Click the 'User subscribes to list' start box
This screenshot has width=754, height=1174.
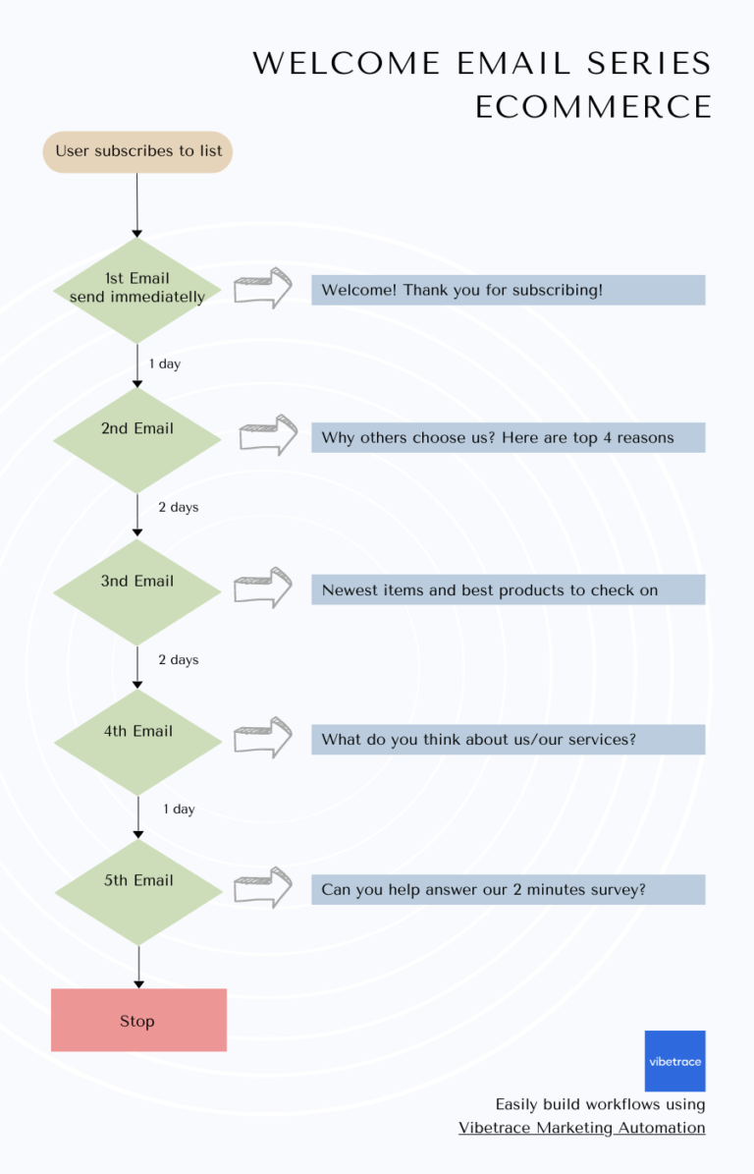[x=137, y=151]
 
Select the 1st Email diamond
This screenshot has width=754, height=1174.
[x=137, y=289]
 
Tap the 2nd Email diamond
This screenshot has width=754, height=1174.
[x=137, y=438]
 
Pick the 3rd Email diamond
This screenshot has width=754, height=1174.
[x=137, y=590]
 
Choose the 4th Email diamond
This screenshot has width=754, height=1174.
[x=137, y=741]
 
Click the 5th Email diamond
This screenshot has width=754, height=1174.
[x=137, y=890]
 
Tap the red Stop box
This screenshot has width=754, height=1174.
[x=138, y=1020]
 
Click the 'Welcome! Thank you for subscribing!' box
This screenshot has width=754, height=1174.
[x=508, y=290]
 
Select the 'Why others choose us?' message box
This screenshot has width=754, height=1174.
[x=508, y=438]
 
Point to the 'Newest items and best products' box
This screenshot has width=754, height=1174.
[x=508, y=590]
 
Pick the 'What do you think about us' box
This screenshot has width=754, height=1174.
[x=508, y=740]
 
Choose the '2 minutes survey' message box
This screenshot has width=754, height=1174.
[x=508, y=890]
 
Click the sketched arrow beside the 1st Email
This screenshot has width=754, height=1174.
[x=263, y=289]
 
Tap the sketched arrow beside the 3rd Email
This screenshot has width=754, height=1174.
[x=263, y=587]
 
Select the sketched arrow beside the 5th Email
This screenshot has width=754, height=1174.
[x=263, y=887]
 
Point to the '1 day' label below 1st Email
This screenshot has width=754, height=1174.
[x=165, y=363]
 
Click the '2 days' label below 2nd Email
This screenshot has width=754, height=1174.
[x=179, y=507]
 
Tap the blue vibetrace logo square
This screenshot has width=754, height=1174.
[x=674, y=1061]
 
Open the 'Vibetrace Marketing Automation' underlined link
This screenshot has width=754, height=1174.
[x=581, y=1128]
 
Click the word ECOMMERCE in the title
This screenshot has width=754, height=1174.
[x=593, y=106]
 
